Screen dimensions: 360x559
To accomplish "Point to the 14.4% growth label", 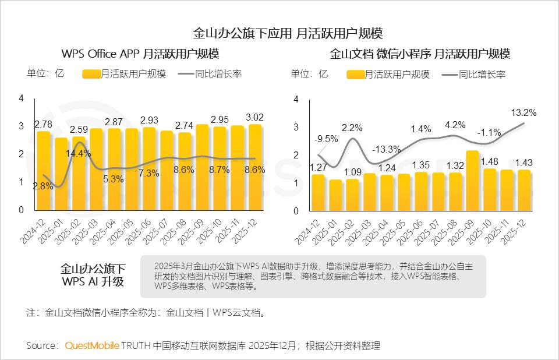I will pyautogui.click(x=79, y=153).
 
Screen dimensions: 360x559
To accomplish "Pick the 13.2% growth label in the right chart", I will pyautogui.click(x=523, y=112).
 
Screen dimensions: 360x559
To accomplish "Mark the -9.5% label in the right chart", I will pyautogui.click(x=326, y=139).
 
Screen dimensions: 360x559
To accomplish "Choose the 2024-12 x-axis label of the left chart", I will pyautogui.click(x=39, y=229).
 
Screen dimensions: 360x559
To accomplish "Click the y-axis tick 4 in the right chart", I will pyautogui.click(x=296, y=100).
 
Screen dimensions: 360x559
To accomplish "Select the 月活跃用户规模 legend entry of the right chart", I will pyautogui.click(x=389, y=75).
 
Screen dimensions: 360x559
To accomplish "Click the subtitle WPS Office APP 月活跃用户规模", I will pyautogui.click(x=140, y=54).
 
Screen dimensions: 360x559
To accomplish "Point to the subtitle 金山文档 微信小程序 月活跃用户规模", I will pyautogui.click(x=420, y=54).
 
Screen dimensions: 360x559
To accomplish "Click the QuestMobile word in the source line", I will pyautogui.click(x=92, y=346).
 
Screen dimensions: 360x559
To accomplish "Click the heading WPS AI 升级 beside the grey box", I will pyautogui.click(x=93, y=282).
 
